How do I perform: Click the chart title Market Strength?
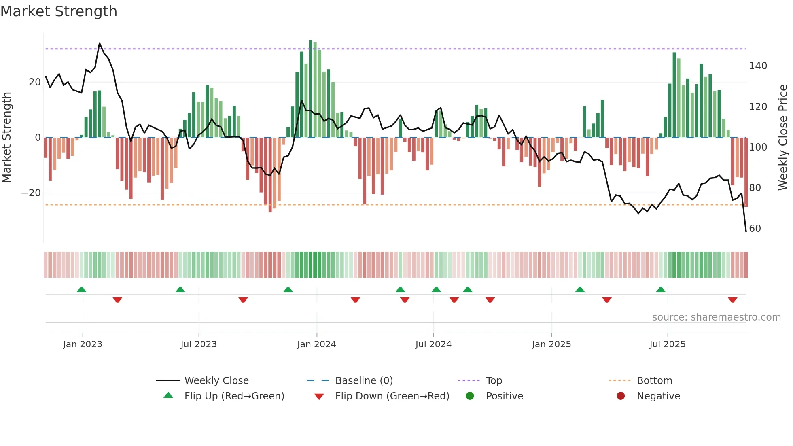pyautogui.click(x=59, y=11)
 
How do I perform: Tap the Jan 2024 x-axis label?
pyautogui.click(x=316, y=344)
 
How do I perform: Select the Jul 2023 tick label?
pyautogui.click(x=199, y=344)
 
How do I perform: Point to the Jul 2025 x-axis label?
pyautogui.click(x=667, y=344)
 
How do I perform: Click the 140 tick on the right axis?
pyautogui.click(x=757, y=66)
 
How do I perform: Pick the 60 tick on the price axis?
pyautogui.click(x=755, y=229)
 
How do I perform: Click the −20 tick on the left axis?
pyautogui.click(x=31, y=193)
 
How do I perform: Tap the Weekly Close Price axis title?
pyautogui.click(x=783, y=138)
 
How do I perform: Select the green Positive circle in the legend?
pyautogui.click(x=470, y=396)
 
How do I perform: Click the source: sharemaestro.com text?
pyautogui.click(x=716, y=317)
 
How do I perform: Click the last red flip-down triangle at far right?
pyautogui.click(x=732, y=300)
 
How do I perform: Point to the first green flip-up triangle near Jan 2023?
pyautogui.click(x=81, y=289)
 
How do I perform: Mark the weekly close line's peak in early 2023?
pyautogui.click(x=100, y=43)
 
